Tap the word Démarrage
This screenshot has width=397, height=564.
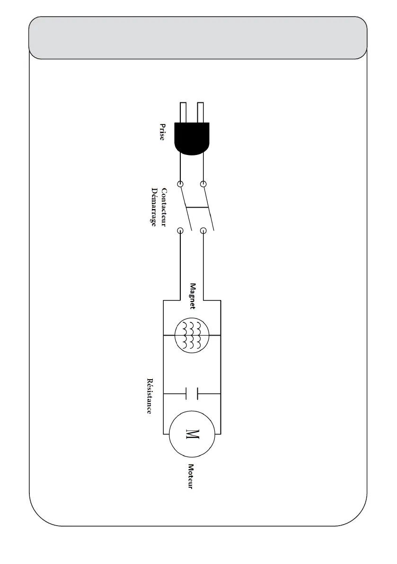[153, 207]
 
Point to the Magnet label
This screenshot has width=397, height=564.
[193, 296]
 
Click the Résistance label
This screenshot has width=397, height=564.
[150, 396]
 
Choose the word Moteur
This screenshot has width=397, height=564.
[191, 476]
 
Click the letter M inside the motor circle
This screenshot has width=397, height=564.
[193, 434]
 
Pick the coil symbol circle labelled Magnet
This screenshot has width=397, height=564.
[192, 335]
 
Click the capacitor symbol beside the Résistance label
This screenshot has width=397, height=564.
[192, 393]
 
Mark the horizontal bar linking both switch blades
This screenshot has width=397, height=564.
[197, 208]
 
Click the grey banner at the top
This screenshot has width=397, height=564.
[198, 38]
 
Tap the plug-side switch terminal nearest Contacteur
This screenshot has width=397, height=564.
[180, 183]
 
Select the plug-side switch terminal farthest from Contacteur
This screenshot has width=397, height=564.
[203, 183]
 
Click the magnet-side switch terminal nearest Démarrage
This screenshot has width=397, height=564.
[180, 231]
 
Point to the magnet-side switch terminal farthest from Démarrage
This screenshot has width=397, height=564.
[203, 231]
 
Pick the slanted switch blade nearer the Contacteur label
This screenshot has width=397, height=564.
[186, 207]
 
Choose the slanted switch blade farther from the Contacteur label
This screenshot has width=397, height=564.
[209, 207]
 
